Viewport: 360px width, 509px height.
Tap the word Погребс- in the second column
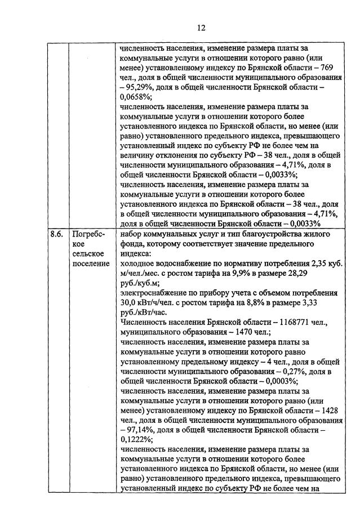(x=87, y=234)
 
